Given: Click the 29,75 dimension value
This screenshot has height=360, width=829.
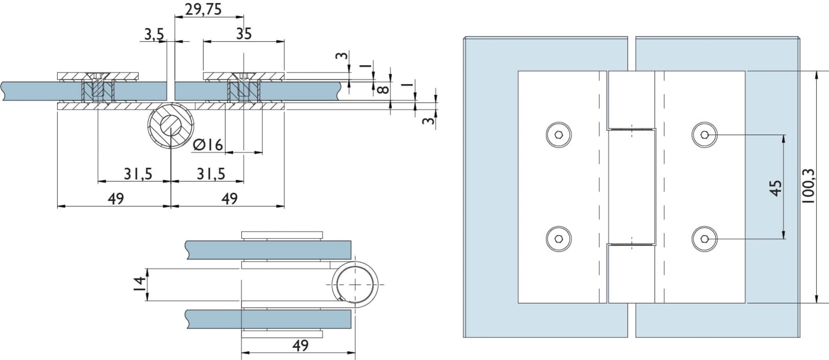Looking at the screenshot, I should [x=203, y=9].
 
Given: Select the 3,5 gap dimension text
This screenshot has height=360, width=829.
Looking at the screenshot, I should [x=154, y=34].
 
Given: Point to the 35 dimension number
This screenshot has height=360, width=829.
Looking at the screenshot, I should [x=243, y=34].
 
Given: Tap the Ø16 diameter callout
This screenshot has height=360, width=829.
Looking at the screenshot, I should [x=208, y=145].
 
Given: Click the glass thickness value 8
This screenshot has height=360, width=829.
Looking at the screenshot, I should [x=383, y=89].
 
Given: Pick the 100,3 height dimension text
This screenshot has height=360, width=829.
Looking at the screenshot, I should [x=808, y=186].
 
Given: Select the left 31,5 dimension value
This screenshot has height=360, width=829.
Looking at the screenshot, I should [x=138, y=174].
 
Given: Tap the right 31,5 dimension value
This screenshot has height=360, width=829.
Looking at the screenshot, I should [x=211, y=174].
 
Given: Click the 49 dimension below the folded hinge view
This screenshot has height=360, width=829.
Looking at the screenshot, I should [x=300, y=346].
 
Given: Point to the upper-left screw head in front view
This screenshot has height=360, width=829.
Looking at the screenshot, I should [x=559, y=135].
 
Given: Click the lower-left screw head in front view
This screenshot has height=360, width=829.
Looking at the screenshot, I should [x=559, y=239].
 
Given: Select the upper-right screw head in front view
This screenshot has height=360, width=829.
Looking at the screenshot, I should [x=704, y=135].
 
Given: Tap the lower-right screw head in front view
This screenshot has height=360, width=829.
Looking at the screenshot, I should [x=704, y=239].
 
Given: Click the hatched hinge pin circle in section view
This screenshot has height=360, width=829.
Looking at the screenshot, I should [x=171, y=126].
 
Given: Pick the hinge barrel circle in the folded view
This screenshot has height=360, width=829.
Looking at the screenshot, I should [x=356, y=285].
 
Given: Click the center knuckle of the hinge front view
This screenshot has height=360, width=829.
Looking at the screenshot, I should [x=631, y=187].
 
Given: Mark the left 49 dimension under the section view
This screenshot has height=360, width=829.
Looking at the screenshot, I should [x=116, y=198].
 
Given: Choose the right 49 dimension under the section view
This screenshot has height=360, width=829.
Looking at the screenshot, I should [x=230, y=198].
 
